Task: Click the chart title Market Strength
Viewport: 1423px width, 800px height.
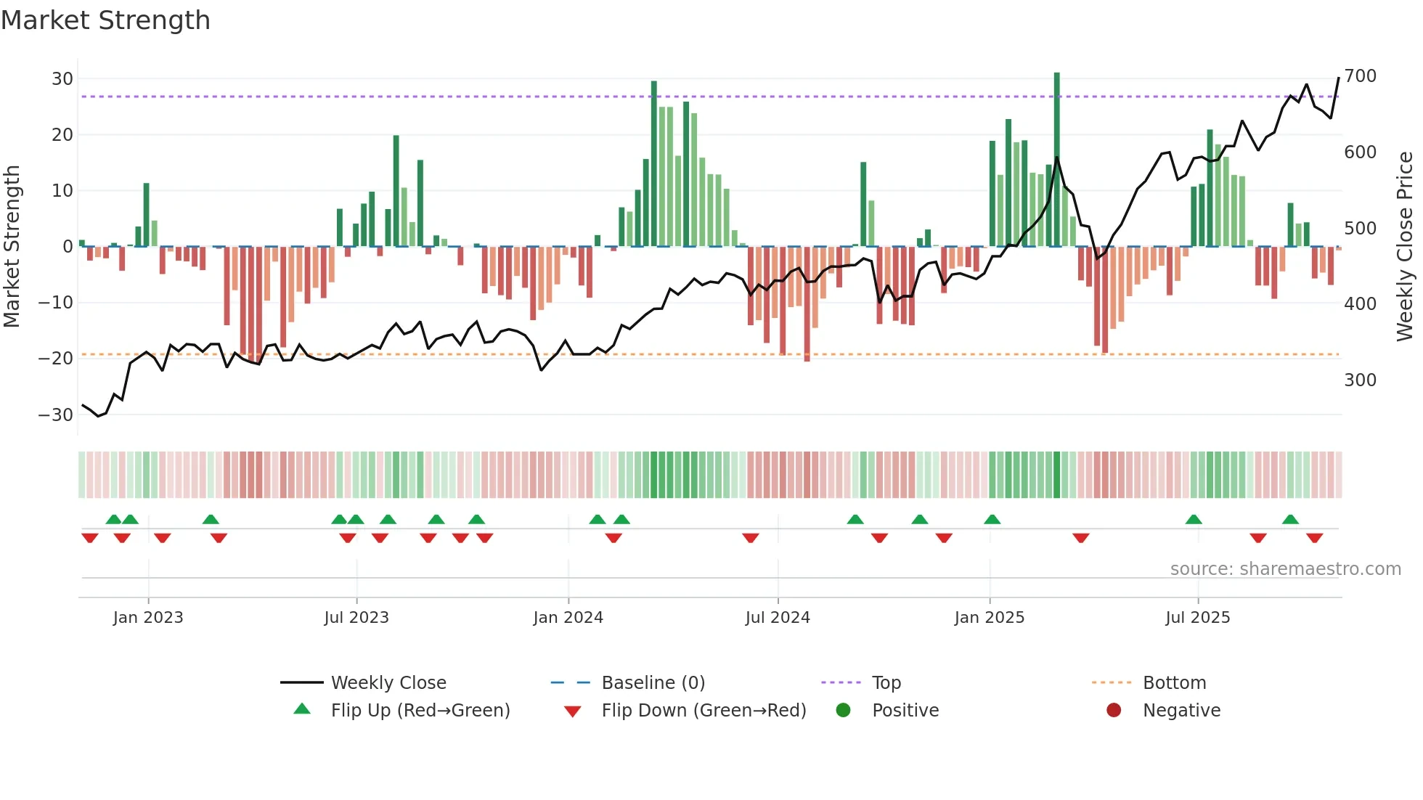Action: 105,20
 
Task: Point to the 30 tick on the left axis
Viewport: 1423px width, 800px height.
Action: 62,78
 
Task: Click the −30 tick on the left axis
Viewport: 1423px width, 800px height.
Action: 56,415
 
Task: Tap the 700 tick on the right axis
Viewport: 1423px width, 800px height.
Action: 1360,76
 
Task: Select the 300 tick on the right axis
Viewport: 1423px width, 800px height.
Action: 1360,380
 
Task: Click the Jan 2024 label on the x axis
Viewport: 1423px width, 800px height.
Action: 568,618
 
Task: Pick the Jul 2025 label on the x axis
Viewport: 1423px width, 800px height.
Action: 1197,618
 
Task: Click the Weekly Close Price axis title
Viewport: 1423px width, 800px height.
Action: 1405,247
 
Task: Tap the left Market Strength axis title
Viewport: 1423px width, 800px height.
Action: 12,247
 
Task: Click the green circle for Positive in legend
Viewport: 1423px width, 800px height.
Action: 843,710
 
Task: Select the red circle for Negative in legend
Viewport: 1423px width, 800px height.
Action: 1114,710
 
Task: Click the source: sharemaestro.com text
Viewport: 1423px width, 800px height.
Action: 1285,569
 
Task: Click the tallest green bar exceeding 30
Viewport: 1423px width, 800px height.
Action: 1057,160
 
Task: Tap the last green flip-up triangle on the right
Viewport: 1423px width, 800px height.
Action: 1290,520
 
